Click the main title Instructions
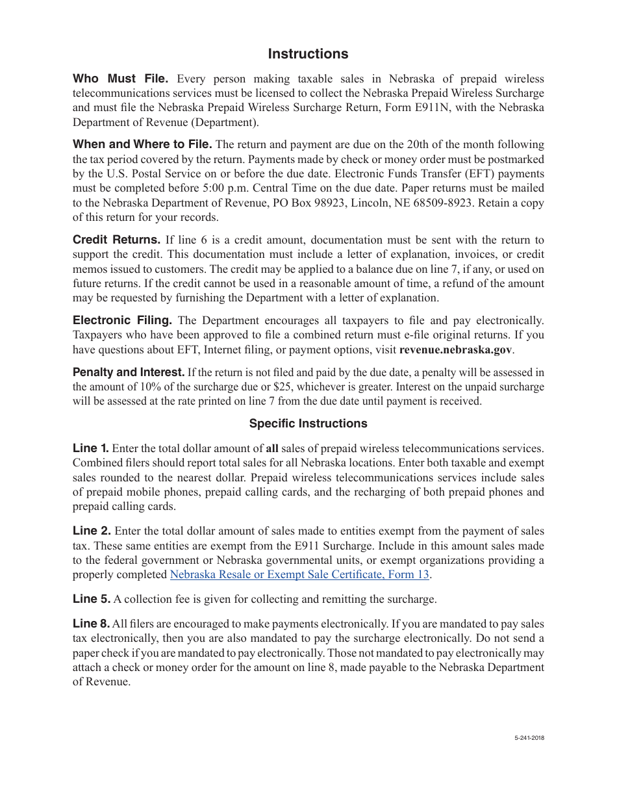point(308,54)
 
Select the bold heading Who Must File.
point(120,79)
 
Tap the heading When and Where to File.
point(142,144)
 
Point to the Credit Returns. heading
point(116,240)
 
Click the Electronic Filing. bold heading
point(122,320)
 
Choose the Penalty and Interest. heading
point(129,372)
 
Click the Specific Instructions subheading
point(308,424)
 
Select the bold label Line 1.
point(90,448)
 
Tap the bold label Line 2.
point(92,531)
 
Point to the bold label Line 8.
point(91,624)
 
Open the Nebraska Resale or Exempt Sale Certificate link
point(299,575)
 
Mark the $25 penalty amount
point(282,387)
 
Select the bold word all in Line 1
point(272,449)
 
